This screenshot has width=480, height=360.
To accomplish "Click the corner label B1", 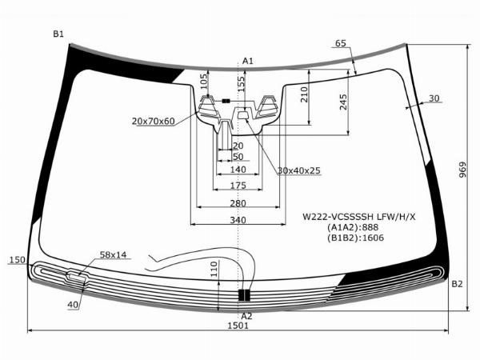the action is tap(58, 34).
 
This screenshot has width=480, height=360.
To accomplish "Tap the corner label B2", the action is tap(457, 284).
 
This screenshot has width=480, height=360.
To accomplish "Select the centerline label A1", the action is tap(248, 62).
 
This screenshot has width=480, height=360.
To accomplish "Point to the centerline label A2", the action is tap(246, 316).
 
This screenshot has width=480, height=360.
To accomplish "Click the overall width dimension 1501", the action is tap(238, 326).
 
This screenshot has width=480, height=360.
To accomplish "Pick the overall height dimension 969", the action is tap(462, 170).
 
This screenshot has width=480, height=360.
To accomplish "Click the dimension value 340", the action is tap(238, 220).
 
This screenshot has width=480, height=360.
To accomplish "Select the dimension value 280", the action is tap(238, 203).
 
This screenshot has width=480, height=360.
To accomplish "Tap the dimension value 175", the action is tap(238, 186).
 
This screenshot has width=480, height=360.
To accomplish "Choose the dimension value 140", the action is tap(238, 170).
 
